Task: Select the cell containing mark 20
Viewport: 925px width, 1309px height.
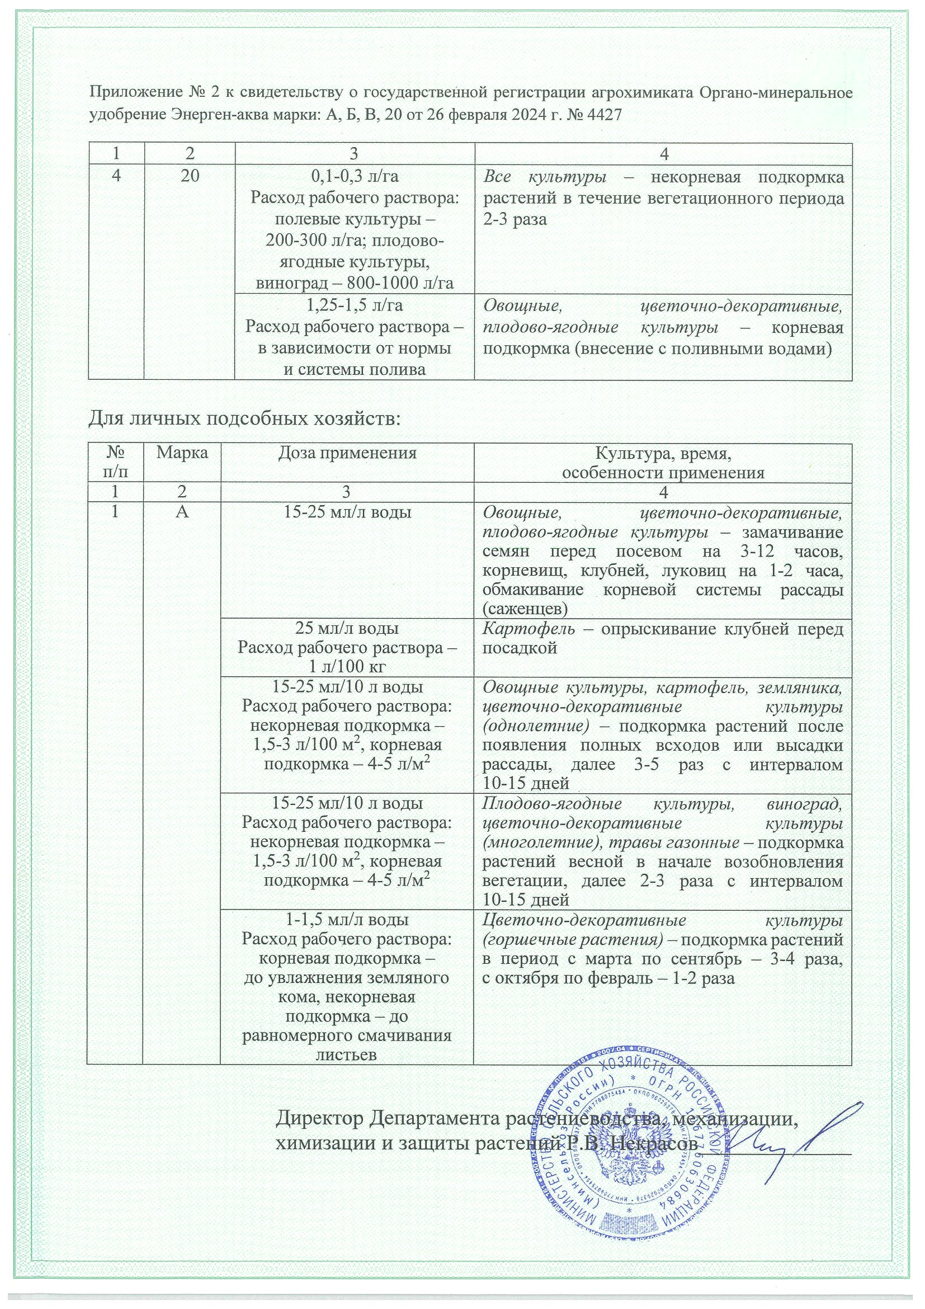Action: tap(190, 176)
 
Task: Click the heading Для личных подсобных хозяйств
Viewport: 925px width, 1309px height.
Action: tap(245, 419)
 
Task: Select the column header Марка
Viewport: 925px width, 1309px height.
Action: tap(182, 453)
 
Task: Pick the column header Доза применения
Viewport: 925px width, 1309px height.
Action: tap(348, 453)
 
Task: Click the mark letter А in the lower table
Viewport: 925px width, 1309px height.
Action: tap(182, 511)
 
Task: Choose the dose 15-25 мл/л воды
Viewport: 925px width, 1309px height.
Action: tap(348, 512)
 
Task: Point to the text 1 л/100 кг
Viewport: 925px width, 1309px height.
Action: tap(348, 667)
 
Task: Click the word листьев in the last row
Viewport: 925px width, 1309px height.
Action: tap(348, 1054)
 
